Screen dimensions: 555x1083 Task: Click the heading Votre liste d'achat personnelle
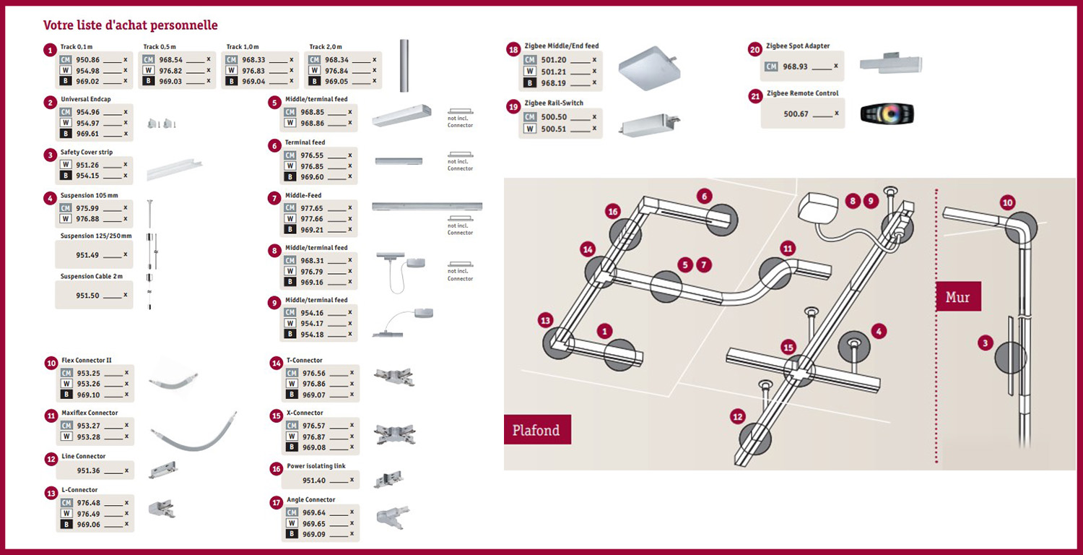click(x=131, y=25)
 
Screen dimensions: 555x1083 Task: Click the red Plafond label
click(x=536, y=430)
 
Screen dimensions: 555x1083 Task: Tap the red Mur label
click(x=957, y=297)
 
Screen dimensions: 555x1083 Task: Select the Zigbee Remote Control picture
click(x=887, y=114)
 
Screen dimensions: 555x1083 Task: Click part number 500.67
click(x=796, y=114)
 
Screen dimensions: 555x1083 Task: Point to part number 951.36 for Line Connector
click(x=88, y=470)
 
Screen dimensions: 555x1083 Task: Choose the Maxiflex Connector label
click(x=90, y=413)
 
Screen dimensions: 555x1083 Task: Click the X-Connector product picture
click(x=394, y=434)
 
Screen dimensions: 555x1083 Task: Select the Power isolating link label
click(x=316, y=466)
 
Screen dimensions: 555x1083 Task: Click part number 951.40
click(x=314, y=481)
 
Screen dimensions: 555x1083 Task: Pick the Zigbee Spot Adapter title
click(x=799, y=46)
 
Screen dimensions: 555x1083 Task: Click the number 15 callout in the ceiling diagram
click(x=788, y=347)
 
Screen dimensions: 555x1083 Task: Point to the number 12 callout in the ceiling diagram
click(x=737, y=417)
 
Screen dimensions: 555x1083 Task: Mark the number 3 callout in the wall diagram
click(x=986, y=343)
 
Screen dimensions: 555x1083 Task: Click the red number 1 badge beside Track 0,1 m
click(x=50, y=50)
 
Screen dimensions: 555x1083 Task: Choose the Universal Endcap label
click(x=86, y=99)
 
